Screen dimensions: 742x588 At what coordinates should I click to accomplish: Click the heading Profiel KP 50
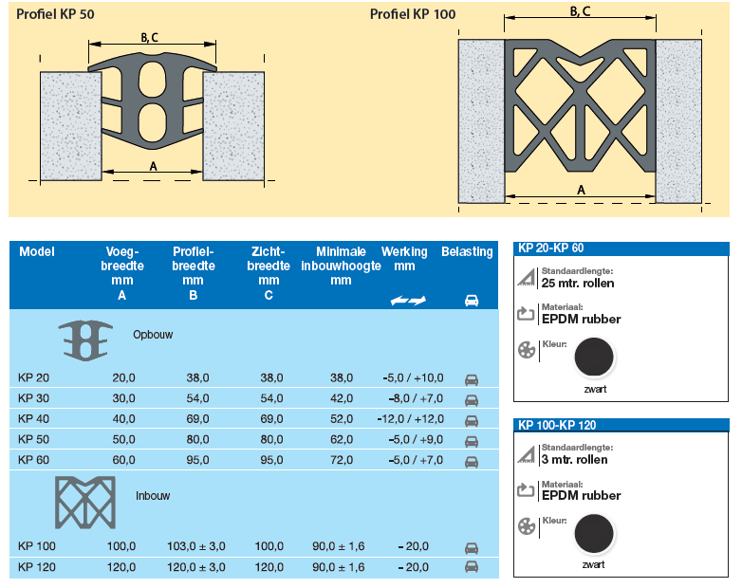click(x=55, y=14)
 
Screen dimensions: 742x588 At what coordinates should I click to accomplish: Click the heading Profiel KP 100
click(x=413, y=14)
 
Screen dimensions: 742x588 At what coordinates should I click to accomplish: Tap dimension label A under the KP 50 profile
click(x=153, y=167)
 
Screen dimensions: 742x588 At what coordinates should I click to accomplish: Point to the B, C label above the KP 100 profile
click(x=580, y=10)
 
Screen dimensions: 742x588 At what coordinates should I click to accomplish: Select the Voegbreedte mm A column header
click(x=122, y=273)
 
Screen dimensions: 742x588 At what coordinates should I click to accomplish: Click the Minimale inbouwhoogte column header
click(x=341, y=266)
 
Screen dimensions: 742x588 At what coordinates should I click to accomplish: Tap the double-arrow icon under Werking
click(x=408, y=301)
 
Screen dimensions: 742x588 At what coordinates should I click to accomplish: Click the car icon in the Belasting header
click(x=472, y=301)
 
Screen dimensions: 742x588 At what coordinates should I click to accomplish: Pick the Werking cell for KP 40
click(x=410, y=419)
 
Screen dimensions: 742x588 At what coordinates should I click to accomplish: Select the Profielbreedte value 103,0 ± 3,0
click(x=195, y=546)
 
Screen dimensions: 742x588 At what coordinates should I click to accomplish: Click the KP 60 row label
click(x=33, y=460)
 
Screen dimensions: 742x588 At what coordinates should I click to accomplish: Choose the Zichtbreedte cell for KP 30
click(x=271, y=398)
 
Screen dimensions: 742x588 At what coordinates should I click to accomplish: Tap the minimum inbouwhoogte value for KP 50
click(x=342, y=439)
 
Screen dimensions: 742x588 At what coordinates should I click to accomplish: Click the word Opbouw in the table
click(x=153, y=335)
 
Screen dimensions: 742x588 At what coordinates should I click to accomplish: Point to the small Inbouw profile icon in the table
click(x=85, y=503)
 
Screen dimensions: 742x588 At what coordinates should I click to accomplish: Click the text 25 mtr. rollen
click(x=578, y=284)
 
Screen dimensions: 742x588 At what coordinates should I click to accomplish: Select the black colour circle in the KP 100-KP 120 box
click(x=594, y=534)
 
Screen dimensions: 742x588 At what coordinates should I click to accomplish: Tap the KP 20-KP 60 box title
click(x=551, y=248)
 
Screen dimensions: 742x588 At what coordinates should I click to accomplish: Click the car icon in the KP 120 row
click(x=472, y=567)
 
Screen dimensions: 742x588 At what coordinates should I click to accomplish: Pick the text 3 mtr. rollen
click(x=574, y=460)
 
